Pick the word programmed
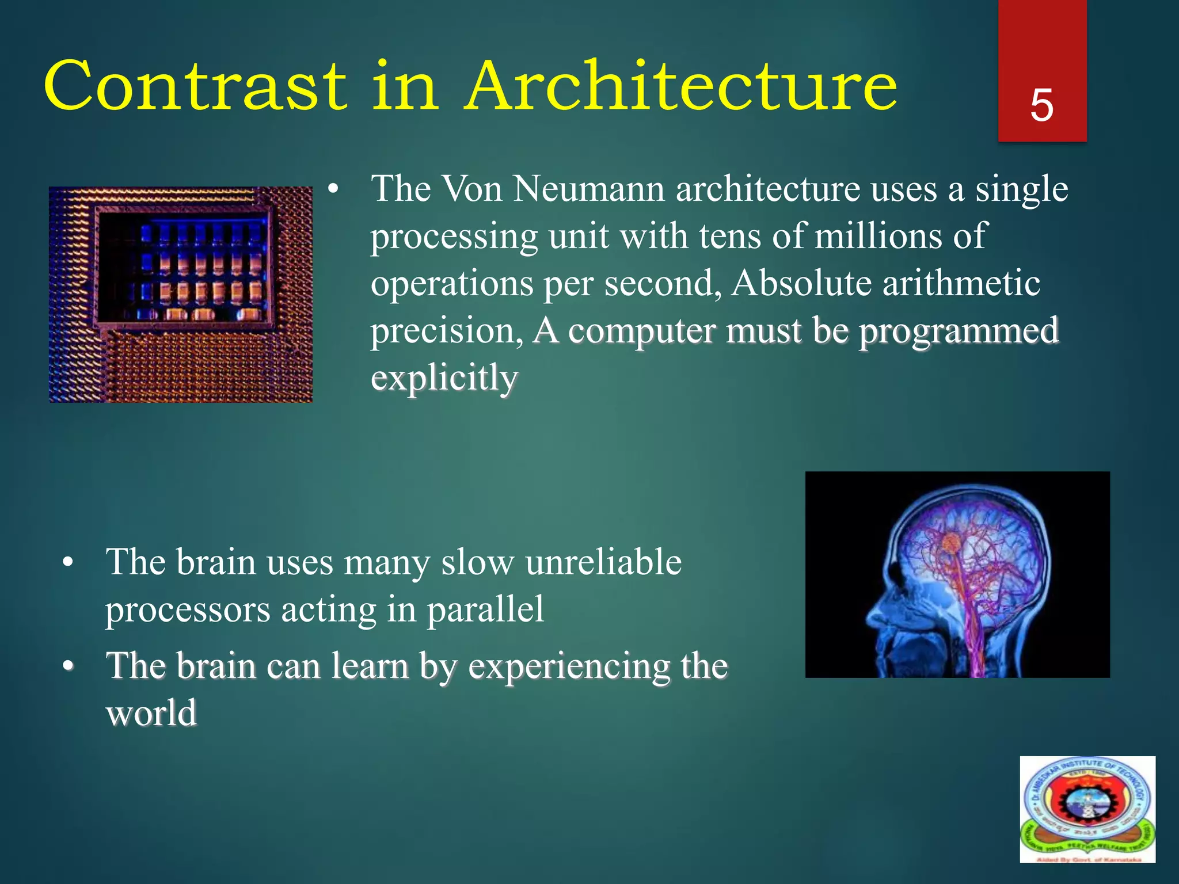click(x=959, y=331)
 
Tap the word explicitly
click(x=444, y=379)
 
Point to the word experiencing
click(x=569, y=666)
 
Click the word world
click(x=151, y=714)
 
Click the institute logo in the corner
click(x=1087, y=809)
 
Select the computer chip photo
click(x=181, y=294)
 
